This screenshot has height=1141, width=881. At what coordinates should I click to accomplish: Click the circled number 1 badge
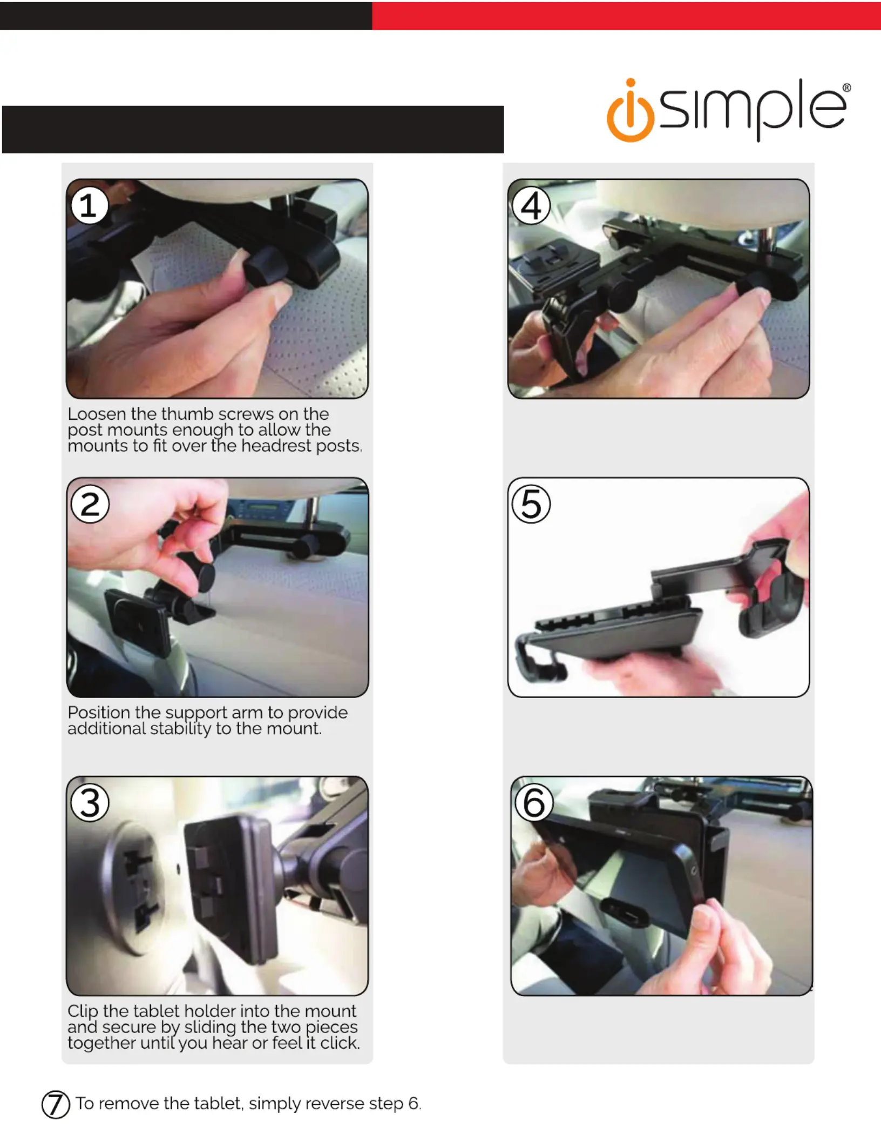pos(89,206)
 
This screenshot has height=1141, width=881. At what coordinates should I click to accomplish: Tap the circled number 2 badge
pos(90,504)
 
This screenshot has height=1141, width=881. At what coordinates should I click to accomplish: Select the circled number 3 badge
pos(90,803)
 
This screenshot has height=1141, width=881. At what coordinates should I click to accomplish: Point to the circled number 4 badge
pos(531,206)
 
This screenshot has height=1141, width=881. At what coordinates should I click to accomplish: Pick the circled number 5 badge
pos(531,504)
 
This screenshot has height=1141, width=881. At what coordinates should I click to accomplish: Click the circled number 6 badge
pos(534,803)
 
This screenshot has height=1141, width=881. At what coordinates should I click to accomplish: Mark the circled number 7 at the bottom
pos(56,1104)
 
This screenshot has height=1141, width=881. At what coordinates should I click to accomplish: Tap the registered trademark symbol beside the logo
pos(846,88)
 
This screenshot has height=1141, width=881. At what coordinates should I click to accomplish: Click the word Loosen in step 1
pos(97,414)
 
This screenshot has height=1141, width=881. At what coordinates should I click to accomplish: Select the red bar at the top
pos(626,16)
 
